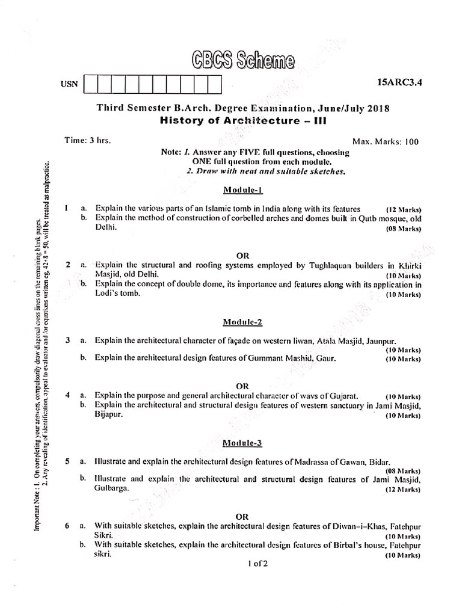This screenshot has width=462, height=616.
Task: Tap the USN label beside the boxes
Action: pos(69,85)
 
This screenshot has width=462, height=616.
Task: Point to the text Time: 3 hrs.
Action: pos(88,140)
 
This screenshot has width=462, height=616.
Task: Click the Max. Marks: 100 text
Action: pos(385,142)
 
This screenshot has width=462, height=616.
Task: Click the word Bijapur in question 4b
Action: pos(109,415)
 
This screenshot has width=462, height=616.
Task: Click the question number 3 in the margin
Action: pos(68,340)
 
